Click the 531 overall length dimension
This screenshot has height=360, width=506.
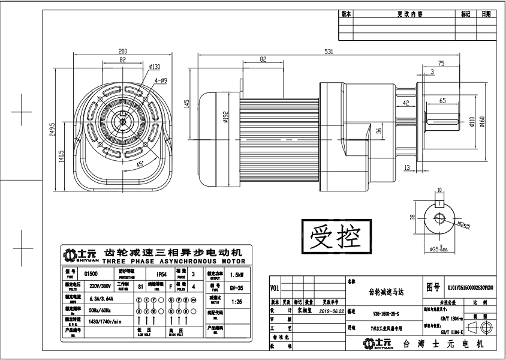(x=329, y=52)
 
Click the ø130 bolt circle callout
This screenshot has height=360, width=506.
(x=153, y=67)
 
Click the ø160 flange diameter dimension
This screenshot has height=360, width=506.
(x=481, y=122)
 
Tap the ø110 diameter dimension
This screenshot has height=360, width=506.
(x=472, y=122)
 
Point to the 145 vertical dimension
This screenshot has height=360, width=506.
(x=187, y=103)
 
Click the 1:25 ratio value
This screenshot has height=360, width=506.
(x=237, y=301)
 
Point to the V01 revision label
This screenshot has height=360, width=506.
(x=275, y=287)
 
